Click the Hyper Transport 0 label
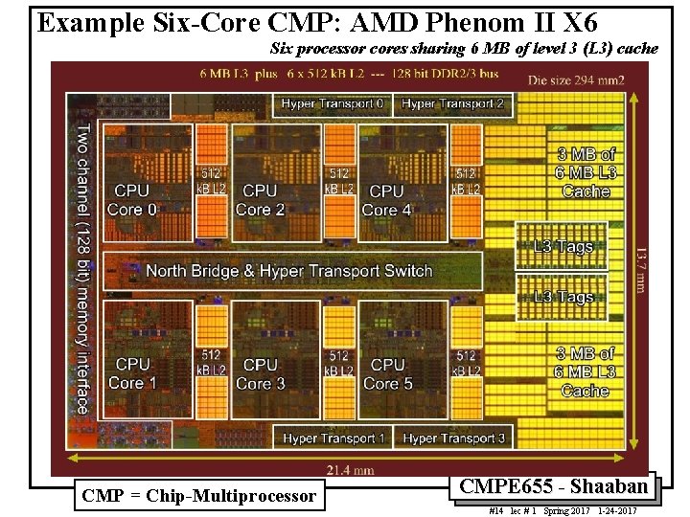333,103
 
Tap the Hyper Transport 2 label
452,103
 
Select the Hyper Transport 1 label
333,438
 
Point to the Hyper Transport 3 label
453,438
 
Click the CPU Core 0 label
132,200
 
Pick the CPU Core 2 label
260,200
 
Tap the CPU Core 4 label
386,200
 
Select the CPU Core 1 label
132,373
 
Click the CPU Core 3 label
260,373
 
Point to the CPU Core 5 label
386,373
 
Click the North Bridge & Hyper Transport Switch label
289,271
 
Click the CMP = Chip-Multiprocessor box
198,496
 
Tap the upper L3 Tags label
563,246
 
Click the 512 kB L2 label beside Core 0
212,182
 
